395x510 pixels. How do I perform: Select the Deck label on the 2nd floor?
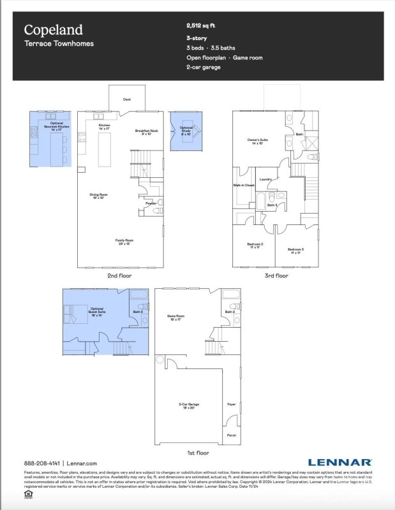point(126,99)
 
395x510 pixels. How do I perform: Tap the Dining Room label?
point(98,196)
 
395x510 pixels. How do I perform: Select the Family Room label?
point(124,242)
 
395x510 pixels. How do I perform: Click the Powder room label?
point(151,203)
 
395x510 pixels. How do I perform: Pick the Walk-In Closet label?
point(244,186)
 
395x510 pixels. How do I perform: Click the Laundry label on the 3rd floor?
point(266,179)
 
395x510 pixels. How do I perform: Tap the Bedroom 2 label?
point(255,245)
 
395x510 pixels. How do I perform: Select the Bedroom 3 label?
point(295,249)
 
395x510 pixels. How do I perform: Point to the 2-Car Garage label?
point(188,405)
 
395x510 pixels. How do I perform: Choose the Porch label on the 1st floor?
point(230,436)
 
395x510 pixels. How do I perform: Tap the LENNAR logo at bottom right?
point(340,462)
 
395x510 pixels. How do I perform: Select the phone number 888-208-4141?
point(41,463)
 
